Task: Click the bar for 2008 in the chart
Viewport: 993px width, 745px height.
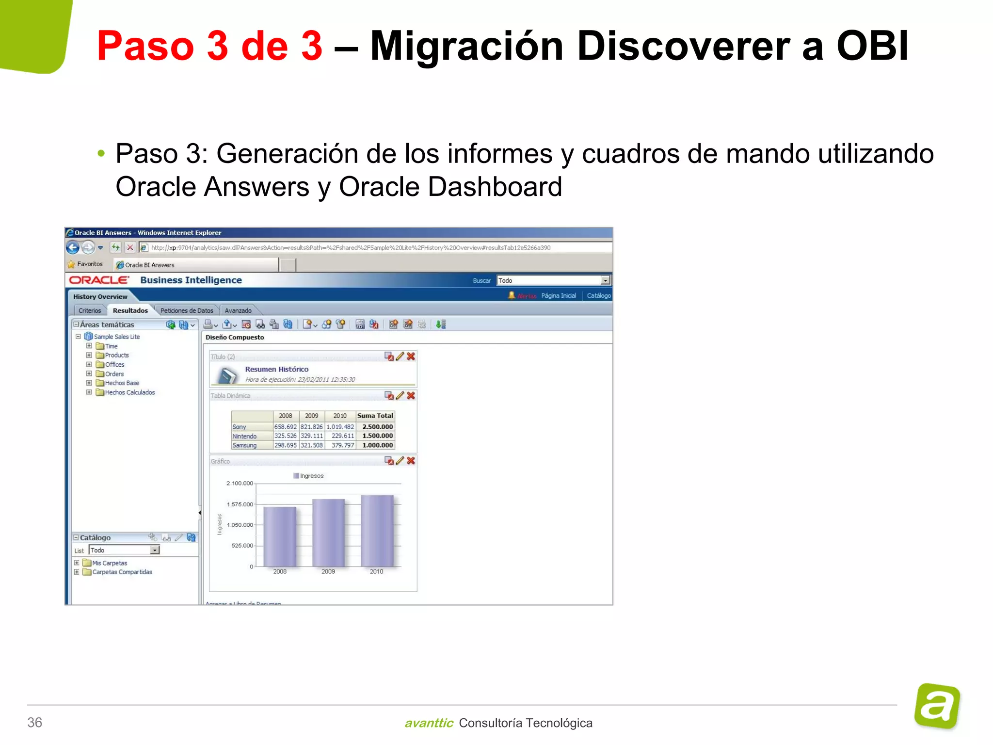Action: click(x=280, y=536)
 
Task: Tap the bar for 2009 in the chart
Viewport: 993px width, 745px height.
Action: click(x=328, y=532)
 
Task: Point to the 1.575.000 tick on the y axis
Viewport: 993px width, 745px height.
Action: click(x=240, y=504)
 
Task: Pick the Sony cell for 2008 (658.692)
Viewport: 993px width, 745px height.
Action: click(x=286, y=427)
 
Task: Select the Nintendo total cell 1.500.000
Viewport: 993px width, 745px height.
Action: click(x=377, y=436)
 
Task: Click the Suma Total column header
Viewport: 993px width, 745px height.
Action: click(x=375, y=416)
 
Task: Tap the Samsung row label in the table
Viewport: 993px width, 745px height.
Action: click(x=244, y=445)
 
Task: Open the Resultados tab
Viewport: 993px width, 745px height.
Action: click(x=130, y=310)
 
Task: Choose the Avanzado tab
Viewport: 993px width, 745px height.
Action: click(x=238, y=310)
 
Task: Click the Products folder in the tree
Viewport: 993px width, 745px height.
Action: click(x=117, y=355)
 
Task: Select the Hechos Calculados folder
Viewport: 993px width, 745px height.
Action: click(x=130, y=392)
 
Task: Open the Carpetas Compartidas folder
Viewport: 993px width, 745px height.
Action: click(x=122, y=572)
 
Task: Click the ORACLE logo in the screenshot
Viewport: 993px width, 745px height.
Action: click(x=99, y=280)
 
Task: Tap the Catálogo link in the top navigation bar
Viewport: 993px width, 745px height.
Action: click(x=599, y=295)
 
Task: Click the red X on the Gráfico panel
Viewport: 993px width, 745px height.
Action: click(x=411, y=460)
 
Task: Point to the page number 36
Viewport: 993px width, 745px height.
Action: click(x=35, y=722)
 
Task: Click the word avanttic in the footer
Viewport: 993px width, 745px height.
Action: click(x=429, y=723)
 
